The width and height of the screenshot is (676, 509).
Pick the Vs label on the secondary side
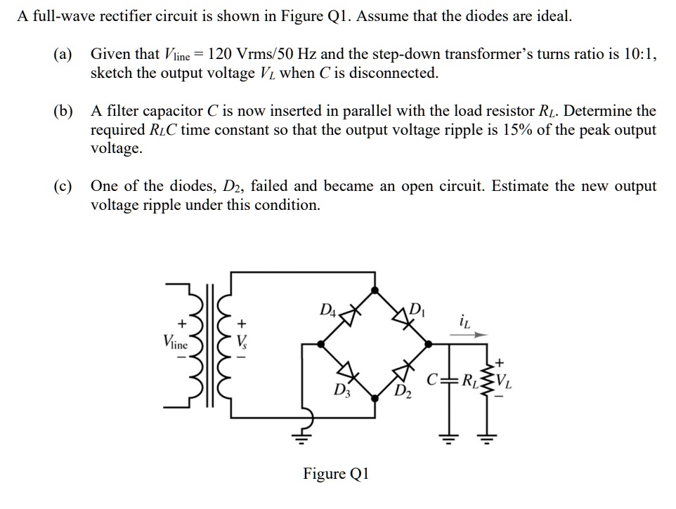[x=242, y=342]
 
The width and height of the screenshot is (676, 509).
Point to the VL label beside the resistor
[x=505, y=383]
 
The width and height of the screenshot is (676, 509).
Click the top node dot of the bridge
[x=377, y=289]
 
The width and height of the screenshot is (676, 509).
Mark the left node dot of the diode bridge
[x=321, y=344]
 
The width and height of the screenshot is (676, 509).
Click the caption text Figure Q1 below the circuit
[x=335, y=473]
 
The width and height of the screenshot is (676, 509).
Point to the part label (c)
[x=63, y=187]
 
